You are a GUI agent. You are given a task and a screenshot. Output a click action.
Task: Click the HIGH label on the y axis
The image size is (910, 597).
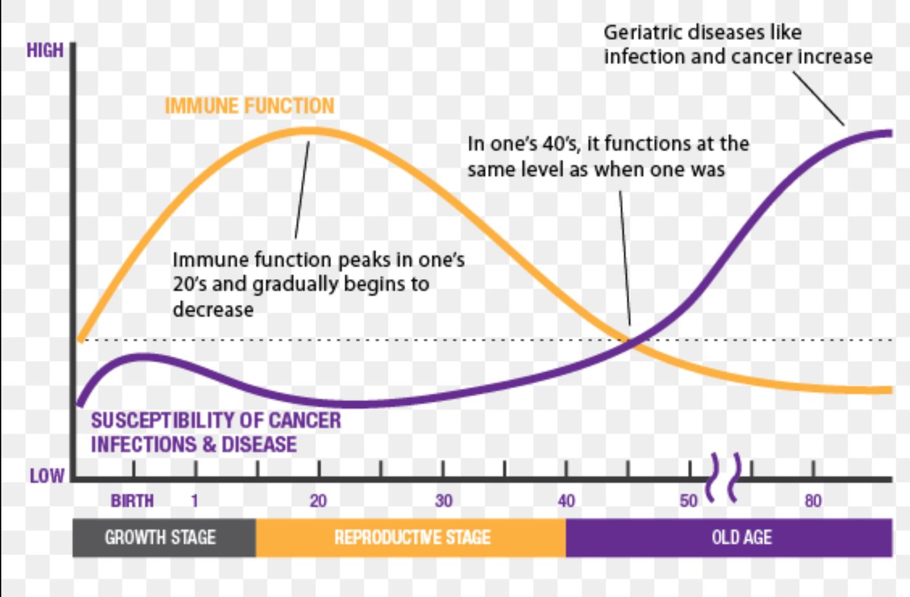[45, 50]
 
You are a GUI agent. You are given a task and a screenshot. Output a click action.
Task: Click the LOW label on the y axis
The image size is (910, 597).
[47, 476]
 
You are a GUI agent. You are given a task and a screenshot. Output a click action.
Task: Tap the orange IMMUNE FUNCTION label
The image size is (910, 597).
[250, 106]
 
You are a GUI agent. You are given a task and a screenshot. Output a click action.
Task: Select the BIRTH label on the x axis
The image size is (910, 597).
[132, 501]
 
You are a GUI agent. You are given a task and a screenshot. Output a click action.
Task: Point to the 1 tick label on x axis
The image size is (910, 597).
[195, 501]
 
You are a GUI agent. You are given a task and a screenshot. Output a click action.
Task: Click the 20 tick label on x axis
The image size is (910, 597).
[318, 501]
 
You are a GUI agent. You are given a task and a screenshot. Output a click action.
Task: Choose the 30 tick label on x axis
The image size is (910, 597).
[444, 501]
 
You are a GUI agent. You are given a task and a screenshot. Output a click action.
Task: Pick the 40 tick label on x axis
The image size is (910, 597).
[566, 501]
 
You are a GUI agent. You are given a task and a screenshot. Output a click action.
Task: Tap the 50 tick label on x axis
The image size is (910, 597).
[689, 501]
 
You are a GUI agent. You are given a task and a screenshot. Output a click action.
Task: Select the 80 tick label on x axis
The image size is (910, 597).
[813, 501]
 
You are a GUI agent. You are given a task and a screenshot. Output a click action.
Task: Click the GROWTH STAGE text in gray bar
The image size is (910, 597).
[160, 537]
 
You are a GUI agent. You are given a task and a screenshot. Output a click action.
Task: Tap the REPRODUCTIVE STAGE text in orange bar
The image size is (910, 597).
[412, 537]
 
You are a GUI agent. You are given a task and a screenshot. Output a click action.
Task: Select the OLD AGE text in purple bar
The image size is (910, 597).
[742, 537]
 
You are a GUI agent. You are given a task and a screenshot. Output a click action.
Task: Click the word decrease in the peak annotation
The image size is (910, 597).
[213, 309]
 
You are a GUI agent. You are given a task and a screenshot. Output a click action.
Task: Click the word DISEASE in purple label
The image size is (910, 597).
[259, 444]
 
